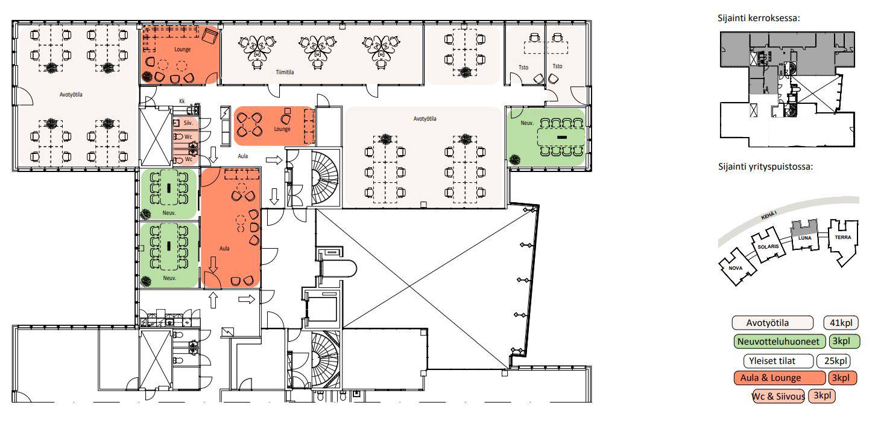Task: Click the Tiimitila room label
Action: click(x=285, y=72)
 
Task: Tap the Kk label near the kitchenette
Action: click(x=182, y=101)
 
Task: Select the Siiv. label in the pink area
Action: click(x=188, y=123)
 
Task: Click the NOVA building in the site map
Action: click(x=736, y=268)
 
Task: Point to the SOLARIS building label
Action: click(x=768, y=246)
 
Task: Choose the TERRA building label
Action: click(x=843, y=237)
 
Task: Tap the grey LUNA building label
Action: click(x=804, y=238)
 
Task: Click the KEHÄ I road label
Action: click(x=769, y=215)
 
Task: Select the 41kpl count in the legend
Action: click(x=841, y=323)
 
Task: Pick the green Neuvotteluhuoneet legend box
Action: click(x=778, y=342)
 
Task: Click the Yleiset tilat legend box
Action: click(x=772, y=361)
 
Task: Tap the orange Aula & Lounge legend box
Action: click(x=780, y=378)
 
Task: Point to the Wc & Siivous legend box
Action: click(x=778, y=396)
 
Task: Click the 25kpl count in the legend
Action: click(x=835, y=361)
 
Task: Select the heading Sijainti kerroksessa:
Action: click(x=759, y=18)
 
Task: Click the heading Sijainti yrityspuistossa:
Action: click(x=765, y=167)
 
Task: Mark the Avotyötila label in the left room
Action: click(x=71, y=95)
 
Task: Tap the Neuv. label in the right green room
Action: click(x=527, y=123)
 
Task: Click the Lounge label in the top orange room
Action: click(x=183, y=49)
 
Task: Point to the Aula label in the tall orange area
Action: click(x=224, y=249)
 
